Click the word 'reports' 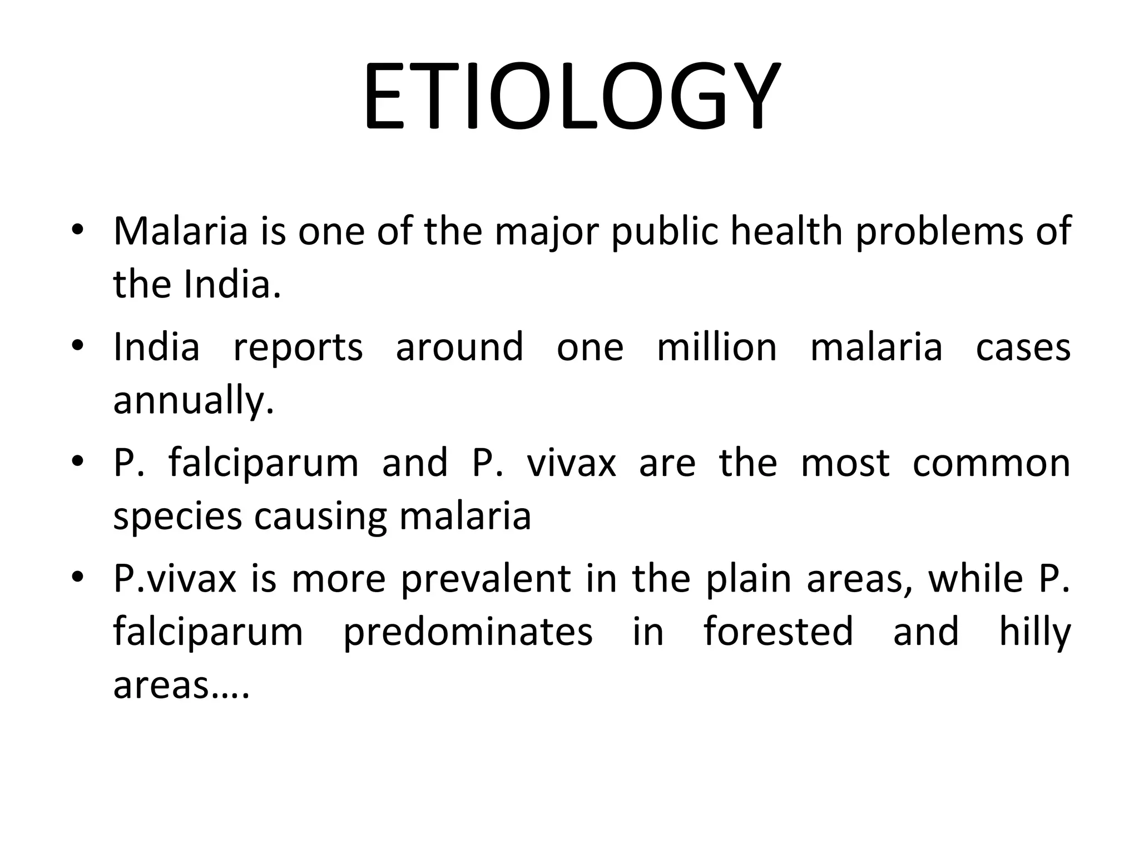(298, 347)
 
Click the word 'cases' (1023, 347)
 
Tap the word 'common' (991, 463)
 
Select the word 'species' (177, 517)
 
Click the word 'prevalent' (486, 578)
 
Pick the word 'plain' (748, 578)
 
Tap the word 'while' (975, 578)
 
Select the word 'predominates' (468, 632)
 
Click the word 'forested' (778, 632)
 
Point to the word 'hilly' (1034, 632)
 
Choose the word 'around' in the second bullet (459, 347)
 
